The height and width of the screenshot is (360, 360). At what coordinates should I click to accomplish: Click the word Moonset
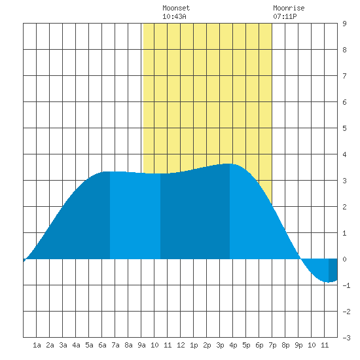click(176, 8)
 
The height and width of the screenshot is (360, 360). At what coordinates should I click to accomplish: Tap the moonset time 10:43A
click(174, 16)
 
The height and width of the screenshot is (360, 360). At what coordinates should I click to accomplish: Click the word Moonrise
click(289, 8)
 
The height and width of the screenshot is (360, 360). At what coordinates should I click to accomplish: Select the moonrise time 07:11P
click(285, 16)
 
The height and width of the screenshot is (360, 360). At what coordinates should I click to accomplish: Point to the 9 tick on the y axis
click(344, 24)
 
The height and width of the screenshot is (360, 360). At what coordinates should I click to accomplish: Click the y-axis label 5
click(344, 128)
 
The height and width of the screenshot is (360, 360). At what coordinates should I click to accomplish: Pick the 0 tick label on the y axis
click(344, 259)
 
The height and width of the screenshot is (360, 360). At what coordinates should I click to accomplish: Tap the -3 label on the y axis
click(346, 338)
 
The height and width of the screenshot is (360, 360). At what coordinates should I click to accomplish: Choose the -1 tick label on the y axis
click(346, 285)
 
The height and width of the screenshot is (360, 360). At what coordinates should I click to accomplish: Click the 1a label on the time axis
click(37, 345)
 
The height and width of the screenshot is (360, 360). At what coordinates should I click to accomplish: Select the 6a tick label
click(102, 345)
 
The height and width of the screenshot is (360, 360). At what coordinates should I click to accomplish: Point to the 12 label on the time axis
click(181, 345)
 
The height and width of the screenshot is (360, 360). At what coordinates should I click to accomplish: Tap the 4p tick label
click(233, 345)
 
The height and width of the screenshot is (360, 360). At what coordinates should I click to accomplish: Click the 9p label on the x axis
click(298, 345)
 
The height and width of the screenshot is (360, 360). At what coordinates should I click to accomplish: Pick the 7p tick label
click(272, 345)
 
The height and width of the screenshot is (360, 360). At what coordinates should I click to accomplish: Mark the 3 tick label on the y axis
click(344, 181)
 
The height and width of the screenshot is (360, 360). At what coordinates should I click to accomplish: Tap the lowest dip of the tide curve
click(329, 282)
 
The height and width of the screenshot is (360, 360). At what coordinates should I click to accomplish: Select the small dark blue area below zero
click(333, 270)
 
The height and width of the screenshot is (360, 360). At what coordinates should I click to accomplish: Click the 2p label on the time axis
click(207, 345)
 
